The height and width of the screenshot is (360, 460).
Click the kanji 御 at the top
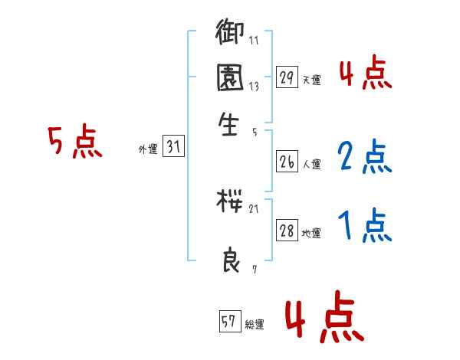230,34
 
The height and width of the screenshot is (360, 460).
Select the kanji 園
230,78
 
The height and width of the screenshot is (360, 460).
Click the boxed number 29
287,77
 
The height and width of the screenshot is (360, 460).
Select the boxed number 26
287,162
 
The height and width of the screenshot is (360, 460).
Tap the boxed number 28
287,231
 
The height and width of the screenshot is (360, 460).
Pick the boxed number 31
173,148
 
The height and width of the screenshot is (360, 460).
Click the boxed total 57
229,322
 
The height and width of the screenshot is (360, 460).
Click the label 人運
311,164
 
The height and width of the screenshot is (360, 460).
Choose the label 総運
255,325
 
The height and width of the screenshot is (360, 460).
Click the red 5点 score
74,142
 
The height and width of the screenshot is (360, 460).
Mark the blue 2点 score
365,156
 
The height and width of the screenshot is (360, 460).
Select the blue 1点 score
365,226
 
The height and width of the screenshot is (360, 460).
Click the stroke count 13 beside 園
254,87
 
